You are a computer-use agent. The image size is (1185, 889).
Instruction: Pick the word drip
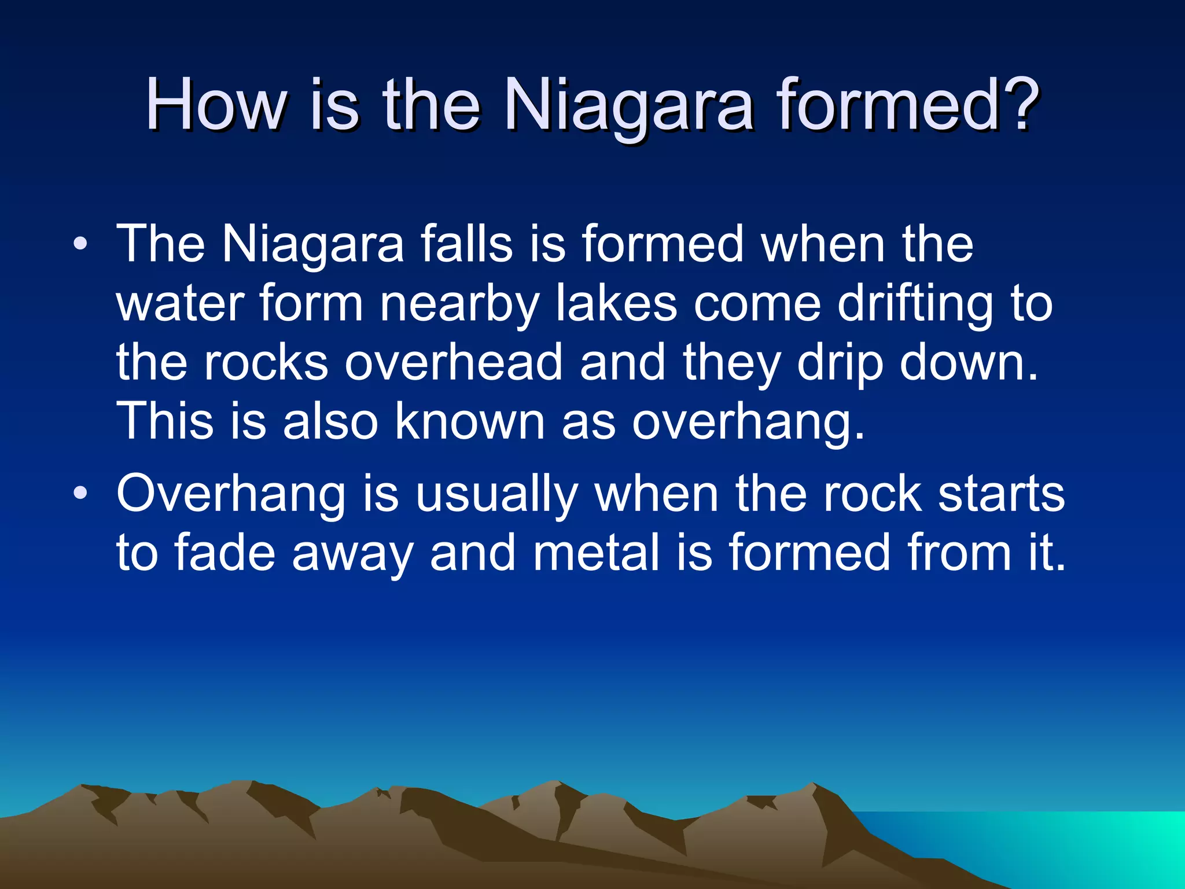[840, 363]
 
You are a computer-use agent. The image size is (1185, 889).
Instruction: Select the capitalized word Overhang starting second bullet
[230, 495]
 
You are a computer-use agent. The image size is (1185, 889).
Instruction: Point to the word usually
[496, 496]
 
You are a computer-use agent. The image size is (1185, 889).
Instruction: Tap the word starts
[1001, 495]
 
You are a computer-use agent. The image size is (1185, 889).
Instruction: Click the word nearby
[459, 304]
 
